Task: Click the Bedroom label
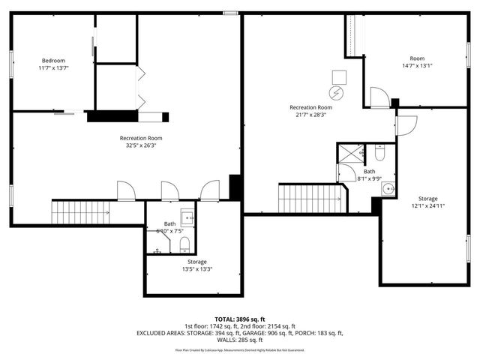tap(53, 61)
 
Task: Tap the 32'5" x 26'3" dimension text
tap(141, 146)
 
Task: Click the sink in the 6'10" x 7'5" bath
tap(187, 218)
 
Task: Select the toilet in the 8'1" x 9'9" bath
tap(380, 154)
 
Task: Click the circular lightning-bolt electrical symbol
tap(339, 94)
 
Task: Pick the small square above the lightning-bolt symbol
tap(339, 76)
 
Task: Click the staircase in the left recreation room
tap(79, 211)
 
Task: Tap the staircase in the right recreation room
tap(310, 199)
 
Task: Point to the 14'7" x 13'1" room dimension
tap(416, 66)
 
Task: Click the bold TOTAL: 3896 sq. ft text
tap(240, 319)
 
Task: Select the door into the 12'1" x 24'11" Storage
tap(405, 126)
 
